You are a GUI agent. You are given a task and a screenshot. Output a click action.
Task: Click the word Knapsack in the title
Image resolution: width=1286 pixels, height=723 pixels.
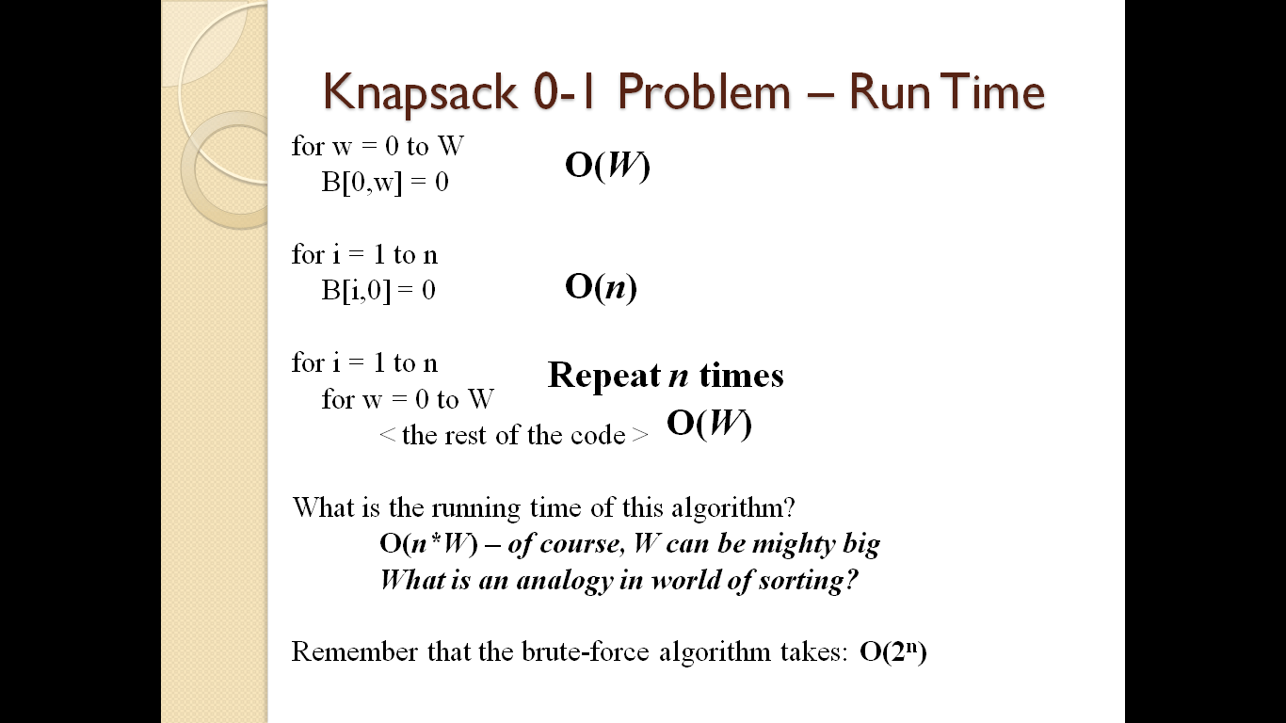pos(420,93)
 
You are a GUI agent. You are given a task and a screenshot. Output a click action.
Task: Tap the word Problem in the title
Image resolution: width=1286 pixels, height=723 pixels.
pos(704,92)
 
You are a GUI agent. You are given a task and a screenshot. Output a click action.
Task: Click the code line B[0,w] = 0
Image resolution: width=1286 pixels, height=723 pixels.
pos(385,183)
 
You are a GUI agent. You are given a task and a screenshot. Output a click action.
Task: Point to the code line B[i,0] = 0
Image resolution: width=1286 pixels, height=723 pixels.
pos(378,291)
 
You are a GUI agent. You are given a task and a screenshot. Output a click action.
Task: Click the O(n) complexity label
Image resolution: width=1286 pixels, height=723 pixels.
pos(601,286)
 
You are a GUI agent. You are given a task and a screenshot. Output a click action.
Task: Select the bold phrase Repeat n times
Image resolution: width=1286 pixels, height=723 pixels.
pos(666,376)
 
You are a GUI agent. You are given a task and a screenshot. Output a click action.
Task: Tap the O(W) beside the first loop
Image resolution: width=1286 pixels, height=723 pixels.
pos(607,166)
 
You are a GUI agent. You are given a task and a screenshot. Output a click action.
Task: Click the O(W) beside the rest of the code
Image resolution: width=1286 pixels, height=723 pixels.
pos(709,424)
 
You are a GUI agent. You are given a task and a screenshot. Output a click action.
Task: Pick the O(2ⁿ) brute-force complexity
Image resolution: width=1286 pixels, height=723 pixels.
pos(893,651)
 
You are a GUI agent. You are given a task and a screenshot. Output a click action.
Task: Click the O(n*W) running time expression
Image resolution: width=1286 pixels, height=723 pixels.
pos(428,543)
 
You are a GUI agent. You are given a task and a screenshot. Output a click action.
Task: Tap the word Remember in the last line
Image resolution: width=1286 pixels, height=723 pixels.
pos(354,651)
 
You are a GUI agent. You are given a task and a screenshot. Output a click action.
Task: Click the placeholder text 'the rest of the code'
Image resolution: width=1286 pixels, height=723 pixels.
pos(513,435)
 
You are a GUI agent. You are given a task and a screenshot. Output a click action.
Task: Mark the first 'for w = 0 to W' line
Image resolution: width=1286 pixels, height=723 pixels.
pos(378,147)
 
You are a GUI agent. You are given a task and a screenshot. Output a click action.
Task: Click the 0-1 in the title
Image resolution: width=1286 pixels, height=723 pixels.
pos(564,92)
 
